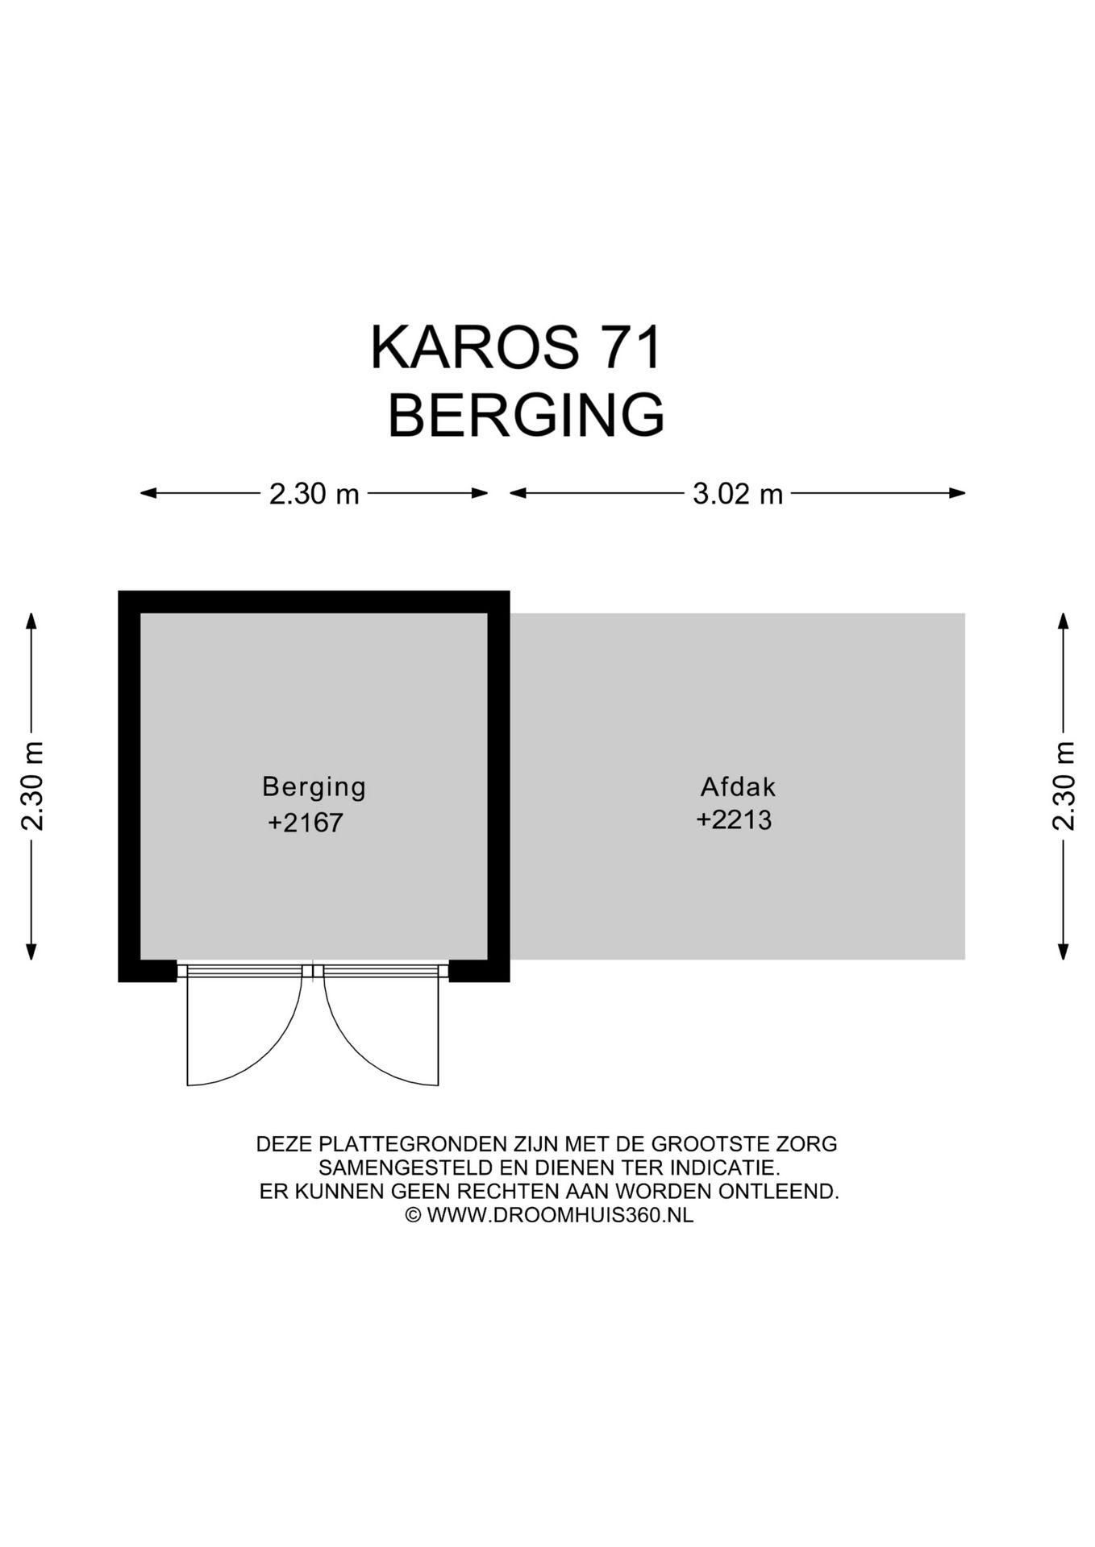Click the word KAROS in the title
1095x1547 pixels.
(474, 348)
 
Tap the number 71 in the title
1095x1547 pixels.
(630, 348)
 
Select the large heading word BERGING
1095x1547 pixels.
(526, 416)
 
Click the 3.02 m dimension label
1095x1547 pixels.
(738, 494)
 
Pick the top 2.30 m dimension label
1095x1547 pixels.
(314, 494)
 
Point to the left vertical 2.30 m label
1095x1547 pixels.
(32, 786)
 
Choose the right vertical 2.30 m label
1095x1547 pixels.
(1064, 786)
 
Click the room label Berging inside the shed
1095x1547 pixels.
(314, 786)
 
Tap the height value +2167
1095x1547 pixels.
(306, 823)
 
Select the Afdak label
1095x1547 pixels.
(738, 786)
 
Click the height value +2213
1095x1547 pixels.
(734, 820)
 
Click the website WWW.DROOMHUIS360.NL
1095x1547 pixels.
(560, 1215)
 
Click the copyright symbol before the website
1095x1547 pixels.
(413, 1216)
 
